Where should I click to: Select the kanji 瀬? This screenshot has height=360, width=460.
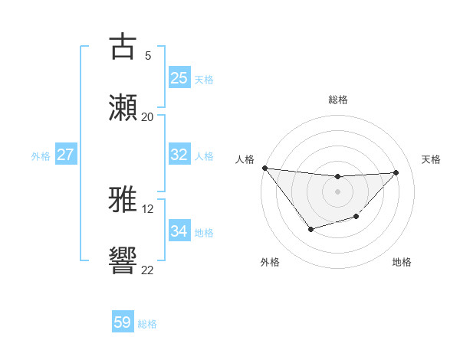123,107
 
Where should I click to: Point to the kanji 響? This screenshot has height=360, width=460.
123,260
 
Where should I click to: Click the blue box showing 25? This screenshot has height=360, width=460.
179,77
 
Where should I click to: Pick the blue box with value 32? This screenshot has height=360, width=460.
179,155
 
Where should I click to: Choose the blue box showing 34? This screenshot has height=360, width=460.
179,231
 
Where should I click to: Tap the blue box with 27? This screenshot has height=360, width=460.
66,155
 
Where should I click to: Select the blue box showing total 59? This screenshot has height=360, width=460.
123,322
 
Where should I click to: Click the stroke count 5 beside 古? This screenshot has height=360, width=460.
148,56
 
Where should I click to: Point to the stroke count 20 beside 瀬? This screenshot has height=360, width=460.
148,117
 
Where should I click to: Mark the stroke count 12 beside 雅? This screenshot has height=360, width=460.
148,209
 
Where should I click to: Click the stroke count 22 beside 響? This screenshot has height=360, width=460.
148,270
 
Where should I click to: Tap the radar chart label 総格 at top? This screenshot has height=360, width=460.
338,100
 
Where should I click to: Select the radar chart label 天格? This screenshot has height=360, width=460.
432,159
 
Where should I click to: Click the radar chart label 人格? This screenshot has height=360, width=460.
245,159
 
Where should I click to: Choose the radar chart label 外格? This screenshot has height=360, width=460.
270,262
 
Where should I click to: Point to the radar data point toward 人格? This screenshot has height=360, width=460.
264,168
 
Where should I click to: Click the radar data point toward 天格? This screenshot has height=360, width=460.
396,172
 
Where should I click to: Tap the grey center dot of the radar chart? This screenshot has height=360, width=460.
337,191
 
